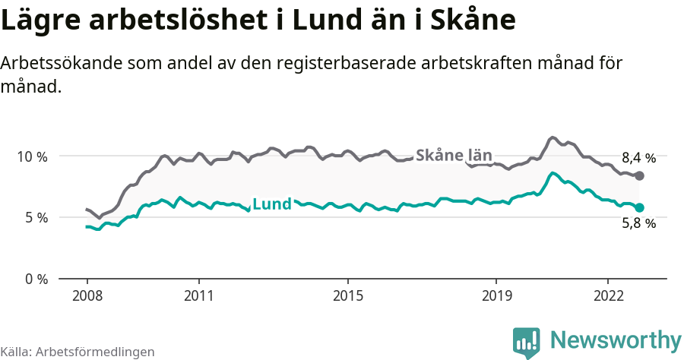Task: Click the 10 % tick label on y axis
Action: pos(33,156)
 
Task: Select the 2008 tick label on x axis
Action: pos(87,295)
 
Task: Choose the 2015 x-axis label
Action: pos(347,295)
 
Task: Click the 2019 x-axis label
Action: pos(496,295)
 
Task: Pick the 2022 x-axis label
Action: pos(608,295)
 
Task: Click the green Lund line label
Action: pos(272,204)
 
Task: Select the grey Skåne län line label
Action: pos(454,156)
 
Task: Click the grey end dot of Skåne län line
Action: pos(639,176)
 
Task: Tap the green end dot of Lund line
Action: pos(639,207)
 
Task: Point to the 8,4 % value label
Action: pos(638,159)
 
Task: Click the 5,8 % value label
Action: pos(638,223)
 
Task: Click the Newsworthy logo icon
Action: pos(527,341)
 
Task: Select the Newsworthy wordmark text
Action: pos(616,339)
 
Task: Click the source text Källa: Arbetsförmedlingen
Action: pos(78,352)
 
